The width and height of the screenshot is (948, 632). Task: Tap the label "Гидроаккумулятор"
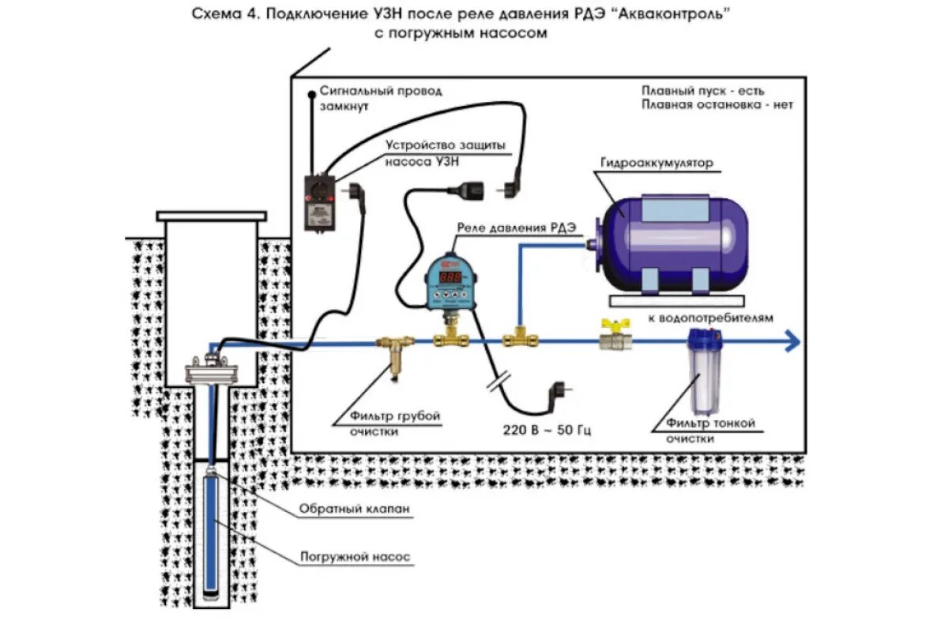(656, 163)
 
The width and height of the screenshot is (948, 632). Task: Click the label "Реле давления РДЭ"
(516, 228)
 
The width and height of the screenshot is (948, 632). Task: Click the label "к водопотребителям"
(710, 318)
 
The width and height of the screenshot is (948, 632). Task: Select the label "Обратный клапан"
(355, 510)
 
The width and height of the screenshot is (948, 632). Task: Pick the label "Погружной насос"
(355, 557)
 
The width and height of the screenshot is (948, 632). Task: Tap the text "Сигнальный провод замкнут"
(381, 98)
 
